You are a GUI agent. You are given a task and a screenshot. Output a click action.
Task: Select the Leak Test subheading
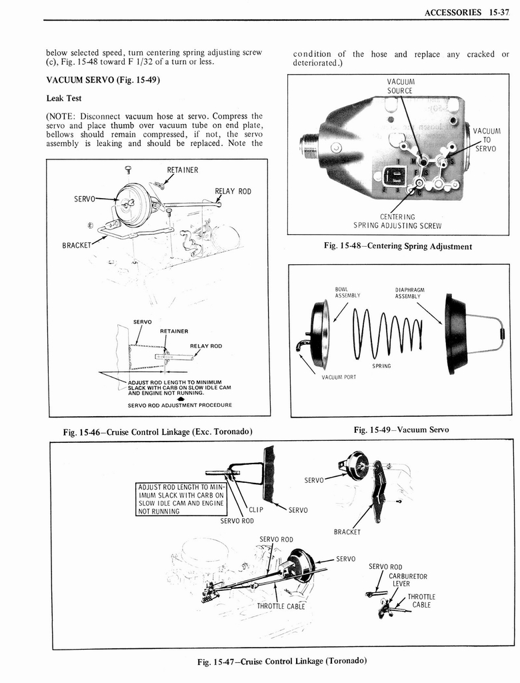point(63,98)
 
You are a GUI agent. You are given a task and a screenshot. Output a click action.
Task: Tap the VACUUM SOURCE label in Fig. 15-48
point(400,86)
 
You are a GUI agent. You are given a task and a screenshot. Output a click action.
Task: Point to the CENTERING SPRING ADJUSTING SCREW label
point(397,221)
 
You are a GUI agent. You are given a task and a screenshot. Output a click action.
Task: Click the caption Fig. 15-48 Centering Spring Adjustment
point(397,246)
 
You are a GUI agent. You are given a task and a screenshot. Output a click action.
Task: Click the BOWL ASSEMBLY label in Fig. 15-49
point(347,292)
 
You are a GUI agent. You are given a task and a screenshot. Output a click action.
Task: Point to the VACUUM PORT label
point(339,378)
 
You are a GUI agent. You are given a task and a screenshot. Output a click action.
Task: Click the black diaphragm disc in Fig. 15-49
point(455,333)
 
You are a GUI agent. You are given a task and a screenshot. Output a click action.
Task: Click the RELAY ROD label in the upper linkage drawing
point(233,192)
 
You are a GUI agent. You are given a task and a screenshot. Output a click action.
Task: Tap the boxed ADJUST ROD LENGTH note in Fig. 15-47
point(181,498)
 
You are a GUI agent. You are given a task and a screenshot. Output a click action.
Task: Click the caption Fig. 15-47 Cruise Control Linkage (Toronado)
point(282,661)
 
